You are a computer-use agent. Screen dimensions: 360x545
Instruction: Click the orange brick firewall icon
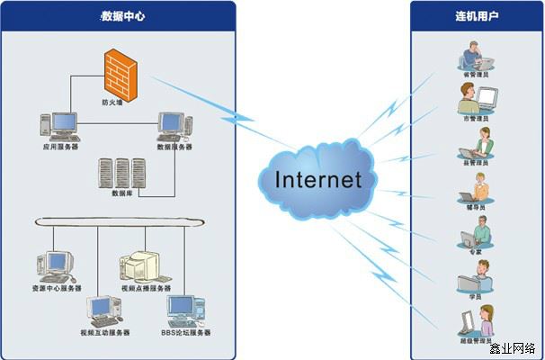[124, 74]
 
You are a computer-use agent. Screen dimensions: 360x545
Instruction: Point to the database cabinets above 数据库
[123, 172]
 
